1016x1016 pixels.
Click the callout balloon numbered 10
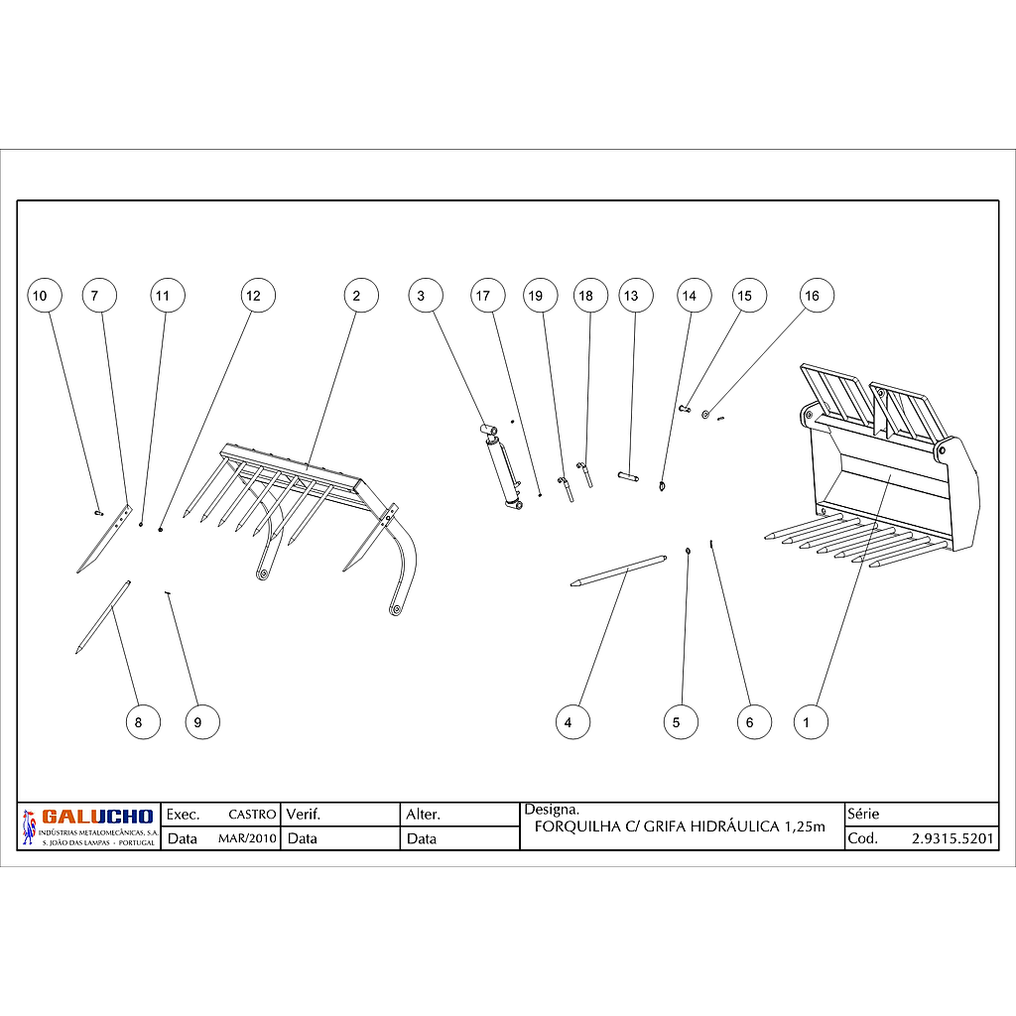point(45,296)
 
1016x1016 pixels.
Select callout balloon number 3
point(426,296)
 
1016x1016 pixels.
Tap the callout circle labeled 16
point(817,296)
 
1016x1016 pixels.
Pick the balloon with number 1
point(811,722)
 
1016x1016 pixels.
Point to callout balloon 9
point(202,722)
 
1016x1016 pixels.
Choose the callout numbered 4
point(572,722)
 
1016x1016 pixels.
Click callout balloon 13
point(636,296)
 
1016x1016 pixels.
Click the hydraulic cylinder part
point(501,465)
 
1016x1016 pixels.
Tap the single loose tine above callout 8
point(103,616)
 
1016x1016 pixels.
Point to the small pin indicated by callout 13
point(628,477)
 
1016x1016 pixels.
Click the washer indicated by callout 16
point(705,414)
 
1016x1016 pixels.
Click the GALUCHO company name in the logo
point(97,817)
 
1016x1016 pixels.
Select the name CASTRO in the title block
point(252,815)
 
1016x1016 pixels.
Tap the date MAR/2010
point(247,838)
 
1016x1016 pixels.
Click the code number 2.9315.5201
point(952,838)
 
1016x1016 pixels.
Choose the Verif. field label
point(304,815)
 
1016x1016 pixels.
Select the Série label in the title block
point(863,814)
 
